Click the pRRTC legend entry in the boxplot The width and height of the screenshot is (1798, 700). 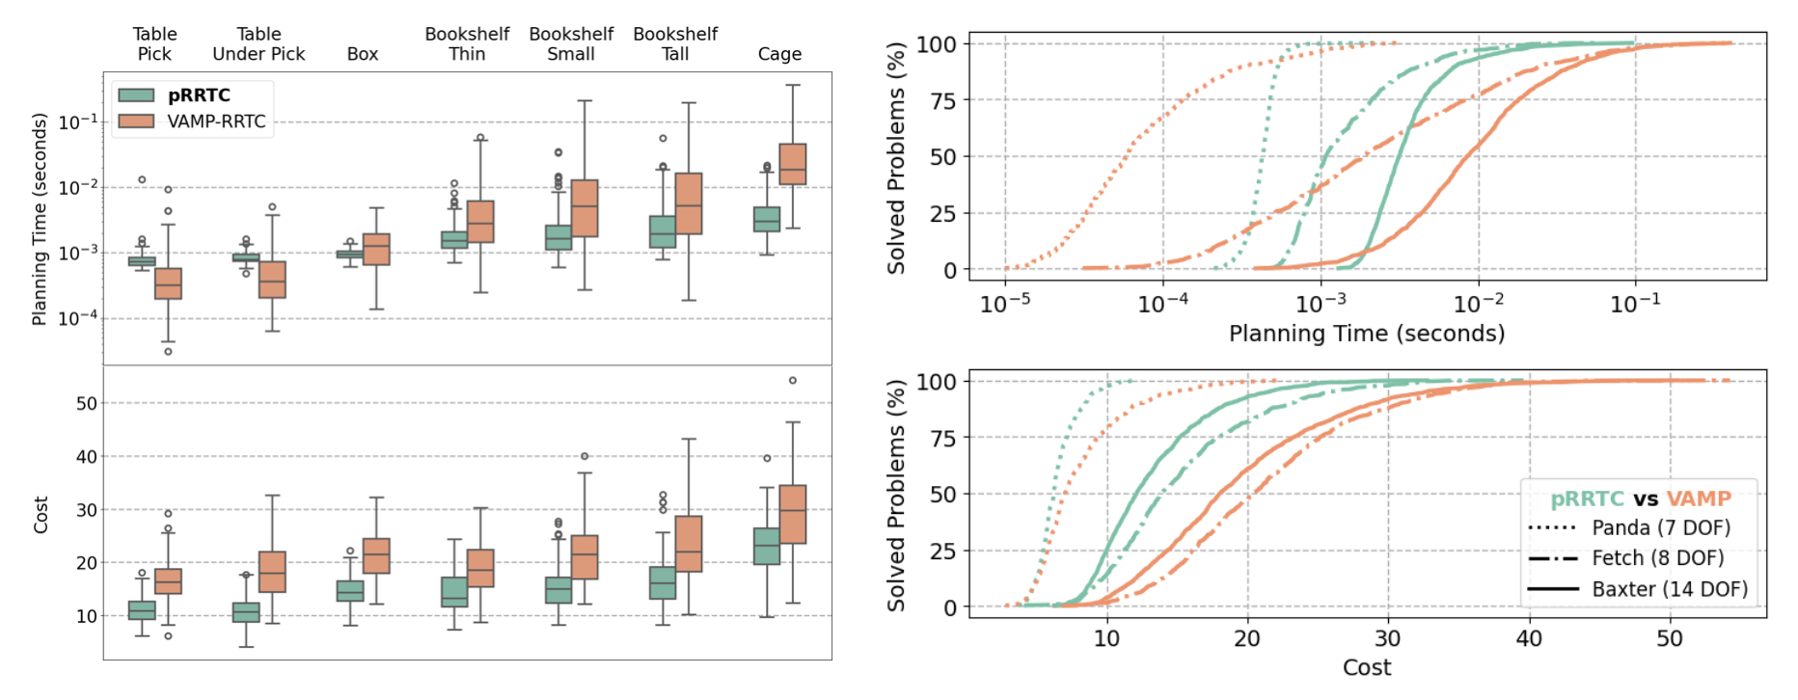pyautogui.click(x=198, y=95)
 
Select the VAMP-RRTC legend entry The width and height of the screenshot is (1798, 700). pyautogui.click(x=215, y=121)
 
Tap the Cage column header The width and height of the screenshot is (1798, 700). pyautogui.click(x=779, y=54)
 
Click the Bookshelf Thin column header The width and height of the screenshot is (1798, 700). pyautogui.click(x=467, y=44)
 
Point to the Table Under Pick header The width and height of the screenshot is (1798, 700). pyautogui.click(x=259, y=44)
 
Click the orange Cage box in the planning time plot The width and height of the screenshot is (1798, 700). pyautogui.click(x=793, y=164)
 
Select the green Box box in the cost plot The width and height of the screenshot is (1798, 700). pyautogui.click(x=350, y=590)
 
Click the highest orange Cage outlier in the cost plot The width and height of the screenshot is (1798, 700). pyautogui.click(x=793, y=380)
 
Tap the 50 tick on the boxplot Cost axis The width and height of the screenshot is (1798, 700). pyautogui.click(x=87, y=403)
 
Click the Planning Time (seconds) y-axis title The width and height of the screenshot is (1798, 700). pyautogui.click(x=40, y=219)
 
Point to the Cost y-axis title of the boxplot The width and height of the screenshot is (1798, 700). pyautogui.click(x=41, y=515)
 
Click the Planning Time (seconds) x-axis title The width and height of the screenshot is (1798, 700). pyautogui.click(x=1366, y=334)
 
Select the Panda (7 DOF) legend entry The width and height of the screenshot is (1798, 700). pyautogui.click(x=1660, y=527)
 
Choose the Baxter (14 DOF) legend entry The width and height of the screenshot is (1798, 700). pyautogui.click(x=1669, y=588)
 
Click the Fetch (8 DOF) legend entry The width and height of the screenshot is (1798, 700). pyautogui.click(x=1657, y=558)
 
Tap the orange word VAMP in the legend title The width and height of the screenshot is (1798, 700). pyautogui.click(x=1699, y=498)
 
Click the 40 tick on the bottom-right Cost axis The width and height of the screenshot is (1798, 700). pyautogui.click(x=1528, y=638)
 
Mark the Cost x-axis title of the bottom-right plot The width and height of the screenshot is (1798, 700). pyautogui.click(x=1366, y=667)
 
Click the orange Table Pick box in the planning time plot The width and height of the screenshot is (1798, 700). pyautogui.click(x=168, y=283)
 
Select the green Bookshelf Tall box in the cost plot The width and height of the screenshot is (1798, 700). pyautogui.click(x=663, y=582)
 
